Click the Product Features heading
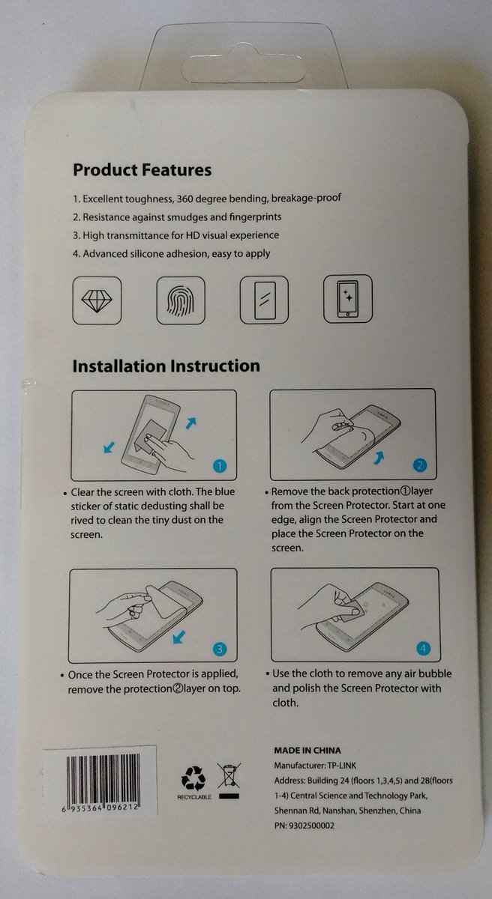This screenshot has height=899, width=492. click(x=142, y=170)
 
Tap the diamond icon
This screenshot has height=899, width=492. click(x=97, y=300)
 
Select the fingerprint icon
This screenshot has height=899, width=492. click(x=181, y=300)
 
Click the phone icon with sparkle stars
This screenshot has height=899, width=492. click(x=348, y=299)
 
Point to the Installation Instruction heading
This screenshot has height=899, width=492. click(x=166, y=366)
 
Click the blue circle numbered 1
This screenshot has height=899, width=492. click(x=219, y=466)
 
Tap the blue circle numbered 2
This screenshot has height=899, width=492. click(x=420, y=465)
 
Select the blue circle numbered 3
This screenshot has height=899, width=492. click(x=219, y=649)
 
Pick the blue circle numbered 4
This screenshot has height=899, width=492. click(x=423, y=648)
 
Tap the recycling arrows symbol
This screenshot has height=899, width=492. click(x=193, y=778)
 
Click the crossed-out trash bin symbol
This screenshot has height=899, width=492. click(x=229, y=775)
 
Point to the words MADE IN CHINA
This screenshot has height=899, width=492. click(x=307, y=751)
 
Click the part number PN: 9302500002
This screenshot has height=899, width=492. click(x=304, y=826)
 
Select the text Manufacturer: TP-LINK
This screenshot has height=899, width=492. click(x=315, y=766)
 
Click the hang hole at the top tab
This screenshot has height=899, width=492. click(x=244, y=68)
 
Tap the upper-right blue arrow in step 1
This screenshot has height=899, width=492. click(x=190, y=423)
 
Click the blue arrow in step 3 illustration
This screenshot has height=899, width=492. click(x=179, y=637)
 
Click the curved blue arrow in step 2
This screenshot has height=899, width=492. click(x=379, y=458)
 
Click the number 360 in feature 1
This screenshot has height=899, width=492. click(x=184, y=199)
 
